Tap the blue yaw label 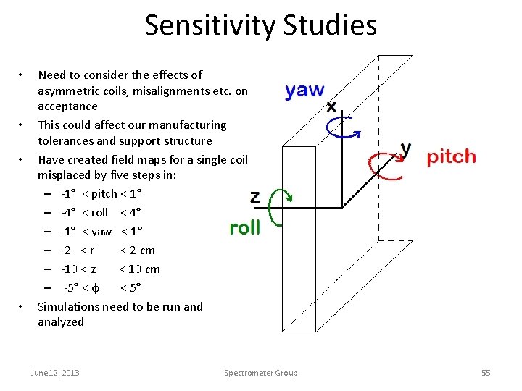click(304, 91)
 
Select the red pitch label click(451, 156)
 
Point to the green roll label click(244, 227)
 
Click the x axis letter click(331, 107)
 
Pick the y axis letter click(405, 150)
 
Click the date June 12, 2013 click(55, 373)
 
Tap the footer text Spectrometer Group click(261, 373)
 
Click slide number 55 click(486, 373)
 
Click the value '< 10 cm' click(139, 269)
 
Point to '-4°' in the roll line click(70, 212)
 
